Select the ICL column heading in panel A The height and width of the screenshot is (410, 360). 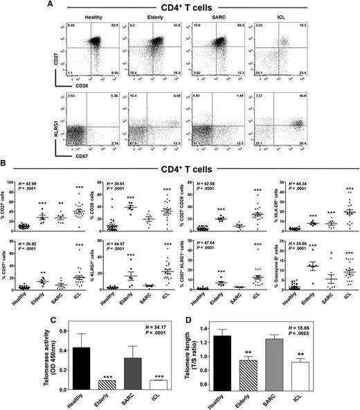pyautogui.click(x=309, y=18)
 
